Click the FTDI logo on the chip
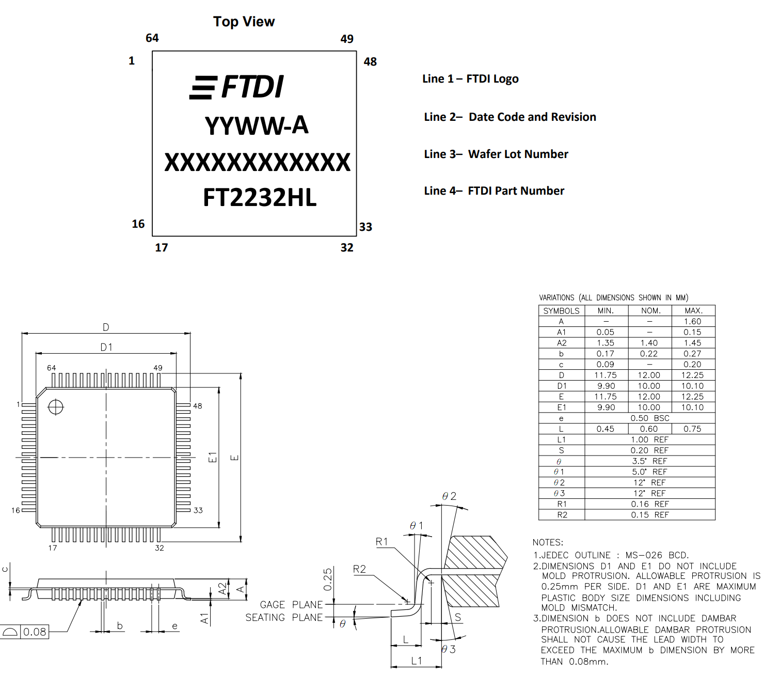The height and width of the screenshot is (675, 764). [x=237, y=87]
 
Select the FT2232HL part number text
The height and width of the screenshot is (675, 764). [x=260, y=198]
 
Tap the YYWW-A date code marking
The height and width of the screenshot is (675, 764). [x=257, y=125]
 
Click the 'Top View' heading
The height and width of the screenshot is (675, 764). [x=244, y=22]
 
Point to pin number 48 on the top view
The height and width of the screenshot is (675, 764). [x=370, y=62]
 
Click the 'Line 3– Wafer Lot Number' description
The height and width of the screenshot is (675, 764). [x=496, y=154]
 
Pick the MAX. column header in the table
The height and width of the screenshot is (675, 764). [x=693, y=310]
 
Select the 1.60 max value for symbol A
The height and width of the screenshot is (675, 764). [x=692, y=321]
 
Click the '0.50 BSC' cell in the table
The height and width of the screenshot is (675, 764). [x=649, y=418]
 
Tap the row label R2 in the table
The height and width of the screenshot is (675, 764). [x=562, y=515]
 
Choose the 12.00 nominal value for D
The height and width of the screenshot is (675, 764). [x=649, y=375]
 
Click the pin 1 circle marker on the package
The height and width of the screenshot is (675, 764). [x=56, y=407]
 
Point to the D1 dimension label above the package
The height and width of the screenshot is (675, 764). [x=106, y=347]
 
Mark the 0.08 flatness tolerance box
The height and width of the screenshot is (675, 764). [x=35, y=632]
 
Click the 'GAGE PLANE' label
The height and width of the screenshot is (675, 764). [x=291, y=604]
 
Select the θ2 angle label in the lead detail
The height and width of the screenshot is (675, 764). [x=449, y=496]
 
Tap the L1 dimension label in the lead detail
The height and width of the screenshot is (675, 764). [x=417, y=661]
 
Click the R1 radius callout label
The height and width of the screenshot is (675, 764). [x=381, y=541]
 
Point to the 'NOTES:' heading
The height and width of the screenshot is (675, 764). [x=548, y=542]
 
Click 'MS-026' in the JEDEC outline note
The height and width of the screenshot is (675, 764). [x=643, y=555]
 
